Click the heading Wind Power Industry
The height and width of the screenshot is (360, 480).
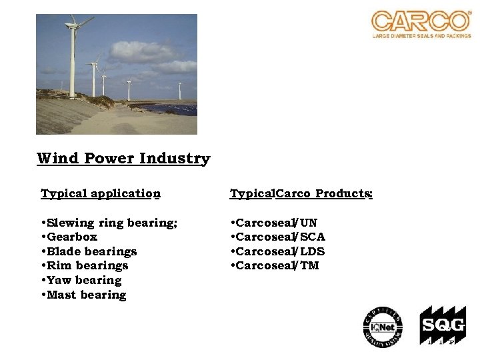123,159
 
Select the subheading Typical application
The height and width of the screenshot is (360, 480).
101,194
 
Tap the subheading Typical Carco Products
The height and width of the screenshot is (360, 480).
301,194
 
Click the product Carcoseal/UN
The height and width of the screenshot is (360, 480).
274,223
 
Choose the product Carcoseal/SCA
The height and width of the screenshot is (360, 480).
278,237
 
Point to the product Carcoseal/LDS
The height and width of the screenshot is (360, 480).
278,251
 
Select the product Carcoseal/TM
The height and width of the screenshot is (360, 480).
275,265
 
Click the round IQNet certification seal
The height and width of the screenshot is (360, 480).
383,327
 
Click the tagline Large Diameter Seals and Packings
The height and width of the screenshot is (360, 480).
421,36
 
